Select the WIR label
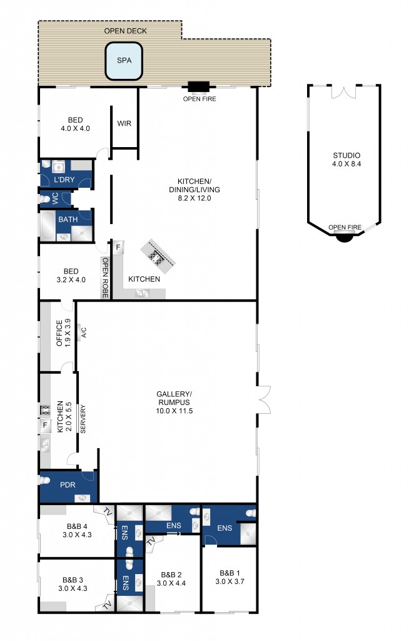[124, 123]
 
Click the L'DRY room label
[64, 180]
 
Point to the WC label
[55, 198]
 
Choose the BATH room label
[68, 220]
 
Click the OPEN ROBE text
[105, 277]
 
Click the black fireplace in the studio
[345, 236]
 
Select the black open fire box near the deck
[199, 87]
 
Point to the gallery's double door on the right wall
[264, 399]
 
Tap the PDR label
[68, 485]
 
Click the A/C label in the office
[83, 332]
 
